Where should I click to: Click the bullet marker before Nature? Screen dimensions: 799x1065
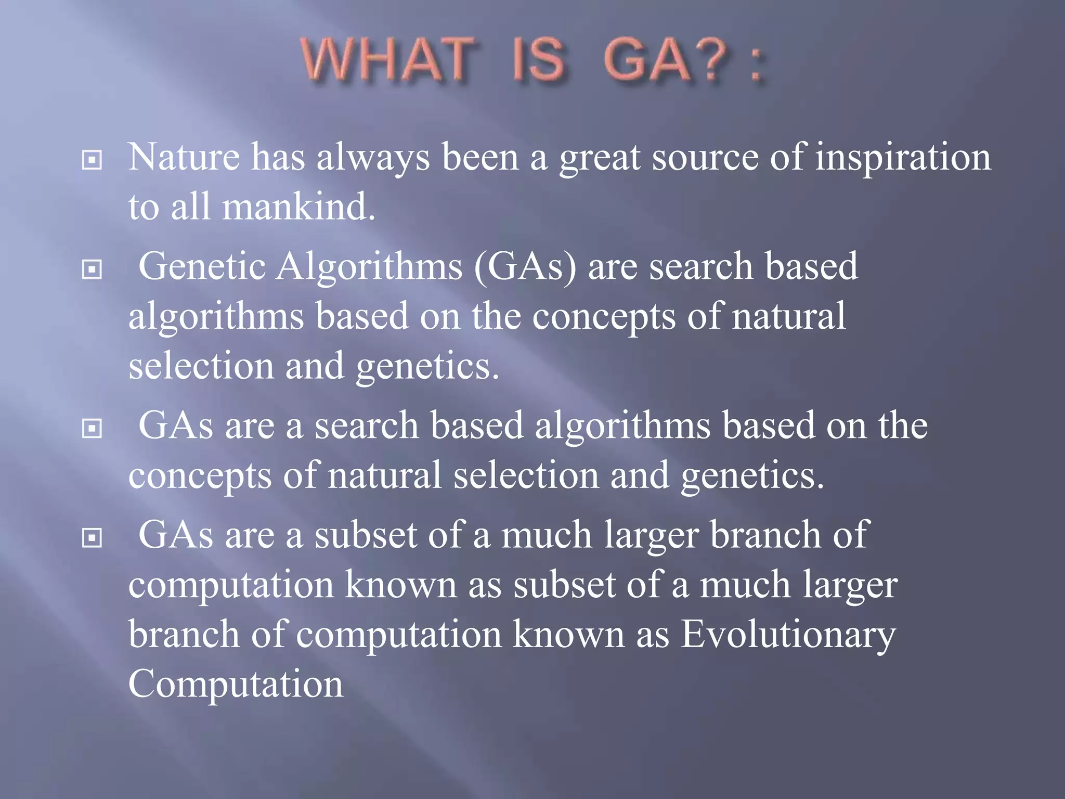pyautogui.click(x=92, y=160)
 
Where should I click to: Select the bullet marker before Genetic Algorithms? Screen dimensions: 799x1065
pyautogui.click(x=92, y=269)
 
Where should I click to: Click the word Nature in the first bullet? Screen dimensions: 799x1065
pyautogui.click(x=184, y=157)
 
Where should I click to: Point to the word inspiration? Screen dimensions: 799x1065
pyautogui.click(x=903, y=158)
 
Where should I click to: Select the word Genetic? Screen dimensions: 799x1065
pyautogui.click(x=202, y=266)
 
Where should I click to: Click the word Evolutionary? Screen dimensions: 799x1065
pyautogui.click(x=788, y=636)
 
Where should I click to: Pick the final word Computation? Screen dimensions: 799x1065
pyautogui.click(x=236, y=684)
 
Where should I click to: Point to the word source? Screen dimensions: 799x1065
pyautogui.click(x=705, y=158)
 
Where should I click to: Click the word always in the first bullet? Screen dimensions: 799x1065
pyautogui.click(x=373, y=158)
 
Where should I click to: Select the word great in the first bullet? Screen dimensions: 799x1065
pyautogui.click(x=600, y=158)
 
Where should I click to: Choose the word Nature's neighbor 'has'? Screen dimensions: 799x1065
pyautogui.click(x=278, y=157)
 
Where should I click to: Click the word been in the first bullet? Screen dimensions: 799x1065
pyautogui.click(x=480, y=157)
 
